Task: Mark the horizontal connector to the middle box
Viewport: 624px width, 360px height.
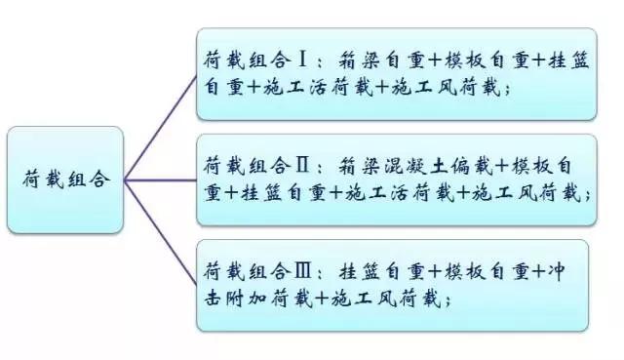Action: point(160,180)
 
